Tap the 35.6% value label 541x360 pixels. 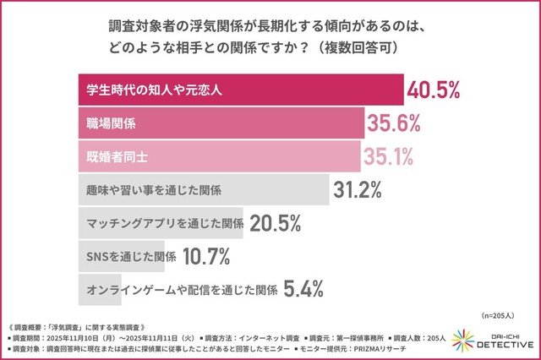point(393,123)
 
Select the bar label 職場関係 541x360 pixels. point(112,123)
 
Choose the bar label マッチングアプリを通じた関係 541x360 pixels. point(166,224)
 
